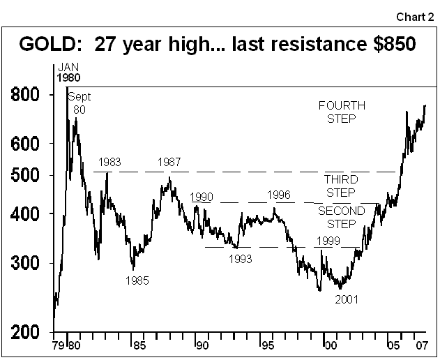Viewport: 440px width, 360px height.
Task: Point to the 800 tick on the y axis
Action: (26, 94)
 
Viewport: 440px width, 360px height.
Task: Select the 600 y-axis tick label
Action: (26, 144)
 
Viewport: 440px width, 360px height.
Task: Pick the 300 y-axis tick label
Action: (26, 263)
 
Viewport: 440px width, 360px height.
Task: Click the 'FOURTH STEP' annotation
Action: (342, 112)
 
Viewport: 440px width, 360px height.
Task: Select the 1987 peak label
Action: (169, 163)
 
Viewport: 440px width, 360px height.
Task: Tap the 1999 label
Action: (328, 241)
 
